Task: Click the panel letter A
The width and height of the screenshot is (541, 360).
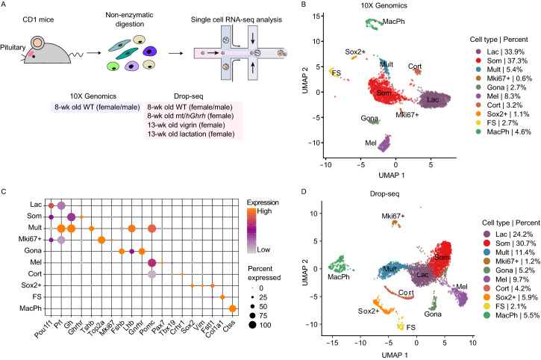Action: pyautogui.click(x=5, y=7)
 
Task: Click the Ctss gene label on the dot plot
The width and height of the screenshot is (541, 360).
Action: pyautogui.click(x=234, y=322)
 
